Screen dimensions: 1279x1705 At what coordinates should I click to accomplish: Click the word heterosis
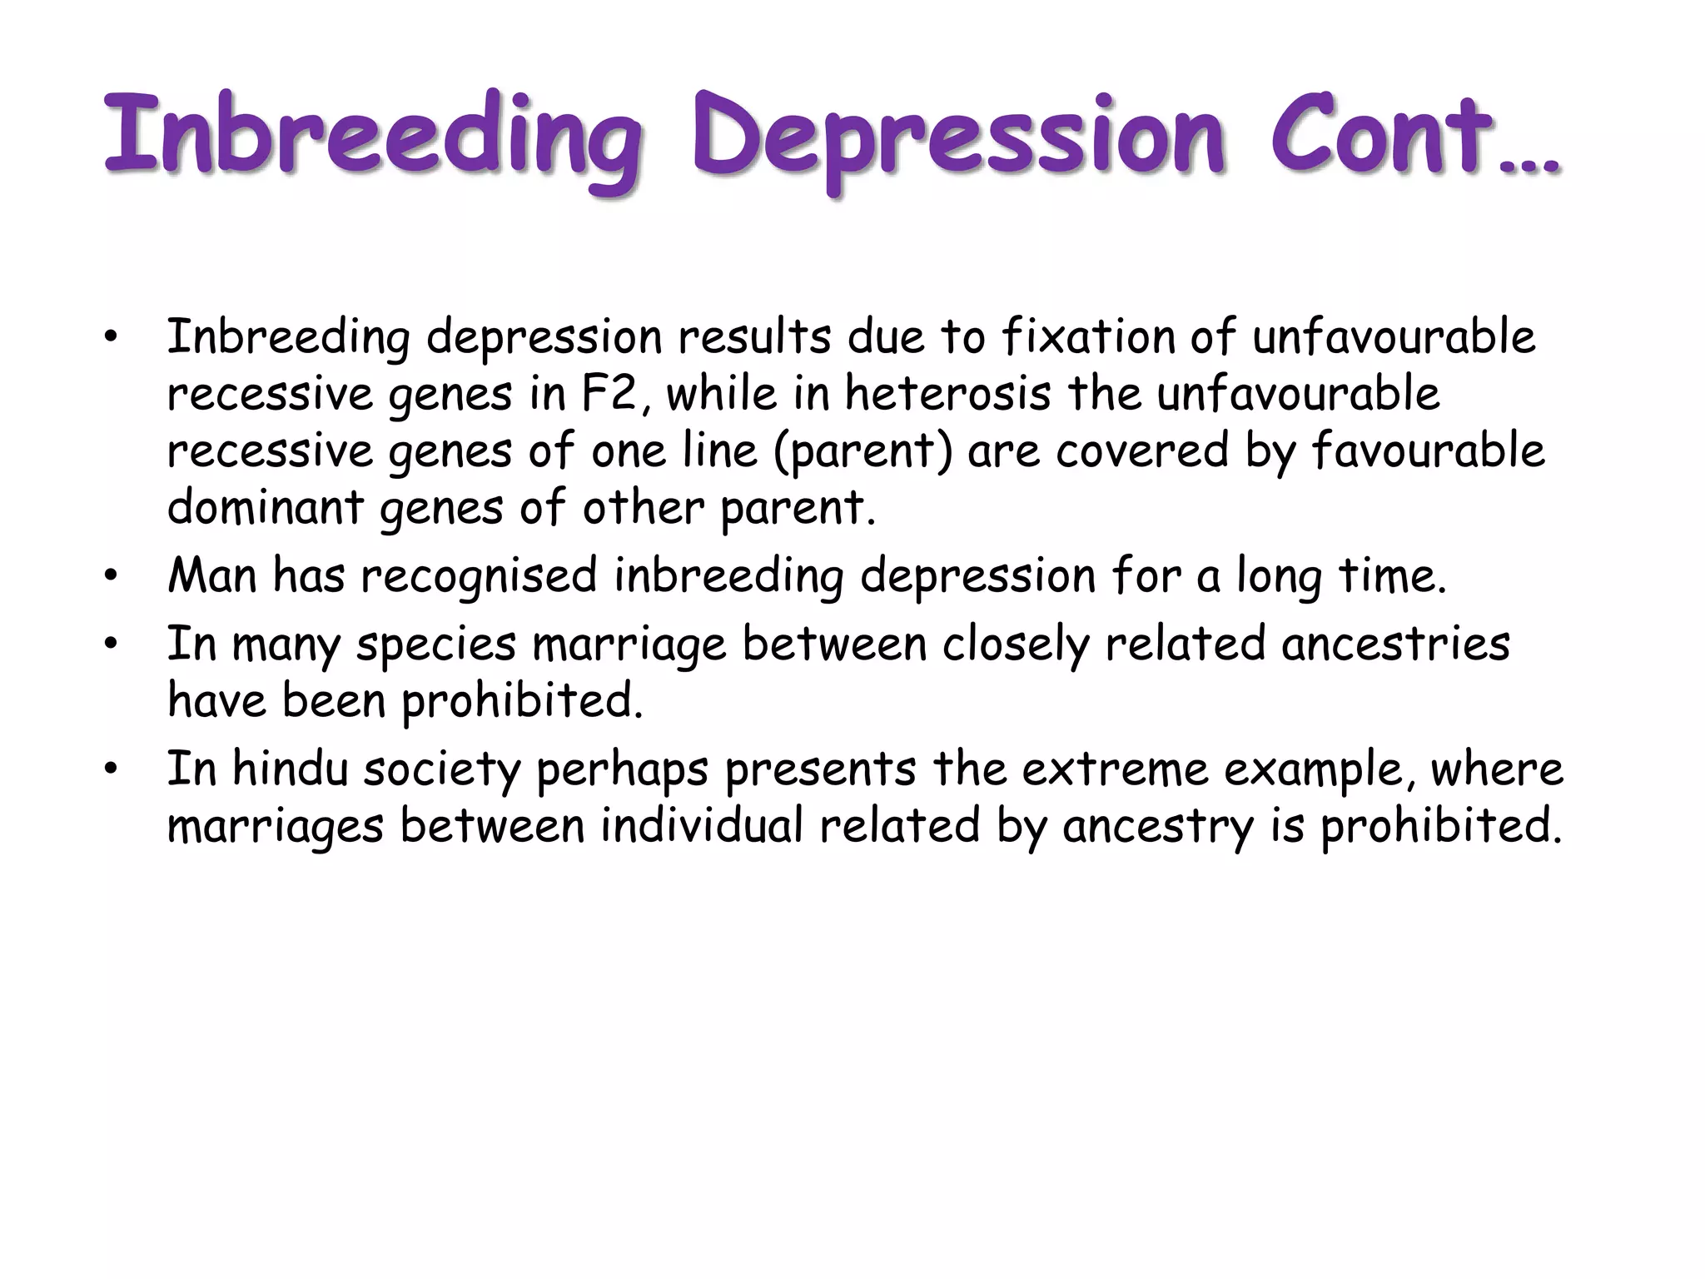pos(948,394)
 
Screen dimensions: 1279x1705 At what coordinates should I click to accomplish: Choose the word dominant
pos(265,507)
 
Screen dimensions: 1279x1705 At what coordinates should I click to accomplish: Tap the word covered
pos(1142,450)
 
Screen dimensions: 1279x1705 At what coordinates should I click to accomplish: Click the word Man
pos(211,575)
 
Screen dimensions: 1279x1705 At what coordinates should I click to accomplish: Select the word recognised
pos(479,577)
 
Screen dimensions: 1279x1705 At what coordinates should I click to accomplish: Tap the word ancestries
pos(1395,644)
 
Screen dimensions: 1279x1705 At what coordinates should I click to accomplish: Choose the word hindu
pos(290,769)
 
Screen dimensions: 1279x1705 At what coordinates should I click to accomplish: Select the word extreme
pos(1115,769)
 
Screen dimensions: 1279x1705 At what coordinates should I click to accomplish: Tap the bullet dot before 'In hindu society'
pos(110,770)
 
